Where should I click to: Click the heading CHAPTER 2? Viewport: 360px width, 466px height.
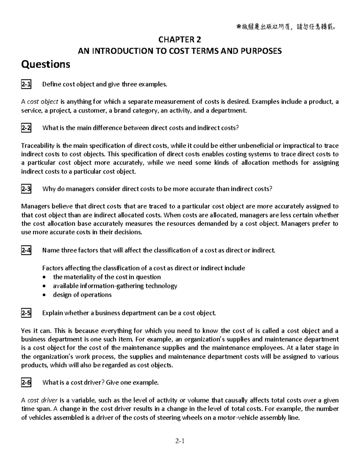coord(180,40)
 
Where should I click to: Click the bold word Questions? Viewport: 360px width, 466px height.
coord(46,64)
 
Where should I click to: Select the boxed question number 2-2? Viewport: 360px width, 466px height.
coord(26,128)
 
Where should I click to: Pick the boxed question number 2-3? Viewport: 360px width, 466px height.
coord(26,189)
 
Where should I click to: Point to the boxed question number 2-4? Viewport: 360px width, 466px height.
coord(26,250)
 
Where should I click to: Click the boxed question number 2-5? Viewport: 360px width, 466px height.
coord(26,313)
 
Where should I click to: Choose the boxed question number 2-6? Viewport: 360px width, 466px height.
coord(26,383)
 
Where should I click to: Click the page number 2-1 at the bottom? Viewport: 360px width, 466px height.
coord(180,441)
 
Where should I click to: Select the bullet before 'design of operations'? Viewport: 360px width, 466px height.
coord(45,295)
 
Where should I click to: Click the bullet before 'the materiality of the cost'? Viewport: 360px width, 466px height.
coord(45,277)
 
